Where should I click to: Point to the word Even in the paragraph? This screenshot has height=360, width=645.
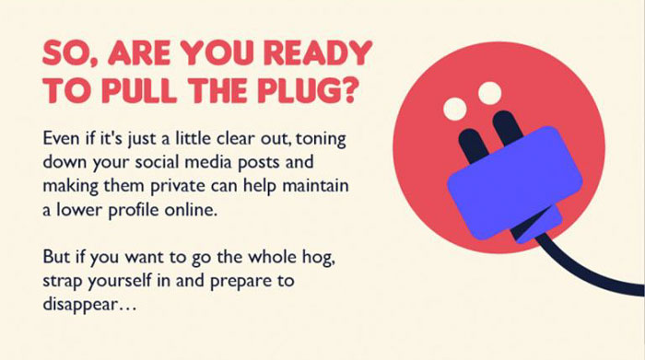click(62, 140)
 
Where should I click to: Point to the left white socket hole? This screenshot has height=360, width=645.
click(454, 110)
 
